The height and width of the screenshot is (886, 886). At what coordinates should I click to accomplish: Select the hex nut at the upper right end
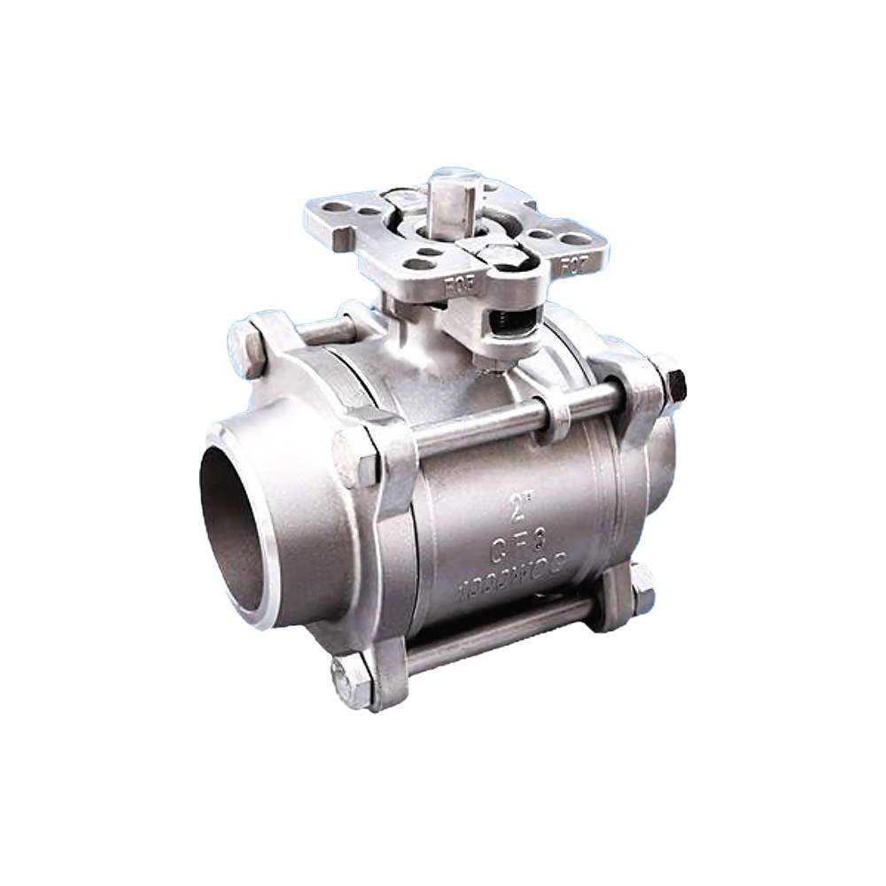(x=671, y=385)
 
